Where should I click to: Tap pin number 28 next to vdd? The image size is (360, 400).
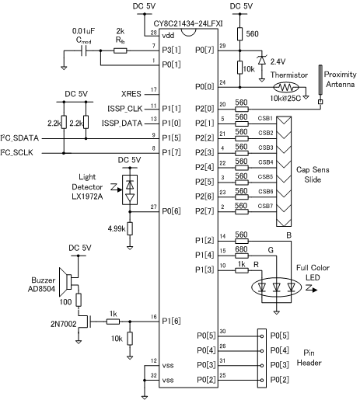(x=151, y=33)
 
